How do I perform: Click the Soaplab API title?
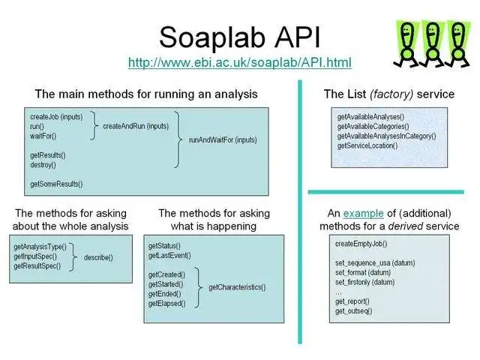click(238, 36)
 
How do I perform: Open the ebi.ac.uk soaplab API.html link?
click(239, 61)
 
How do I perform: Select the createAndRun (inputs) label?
click(135, 126)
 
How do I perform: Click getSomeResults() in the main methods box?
click(56, 184)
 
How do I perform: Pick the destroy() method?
click(43, 164)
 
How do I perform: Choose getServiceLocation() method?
click(367, 145)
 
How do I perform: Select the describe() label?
click(98, 257)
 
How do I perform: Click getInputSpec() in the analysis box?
click(35, 256)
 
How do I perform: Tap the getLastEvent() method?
click(169, 256)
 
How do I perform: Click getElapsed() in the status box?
click(167, 303)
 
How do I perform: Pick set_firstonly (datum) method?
click(364, 283)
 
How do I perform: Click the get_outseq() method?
click(353, 310)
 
